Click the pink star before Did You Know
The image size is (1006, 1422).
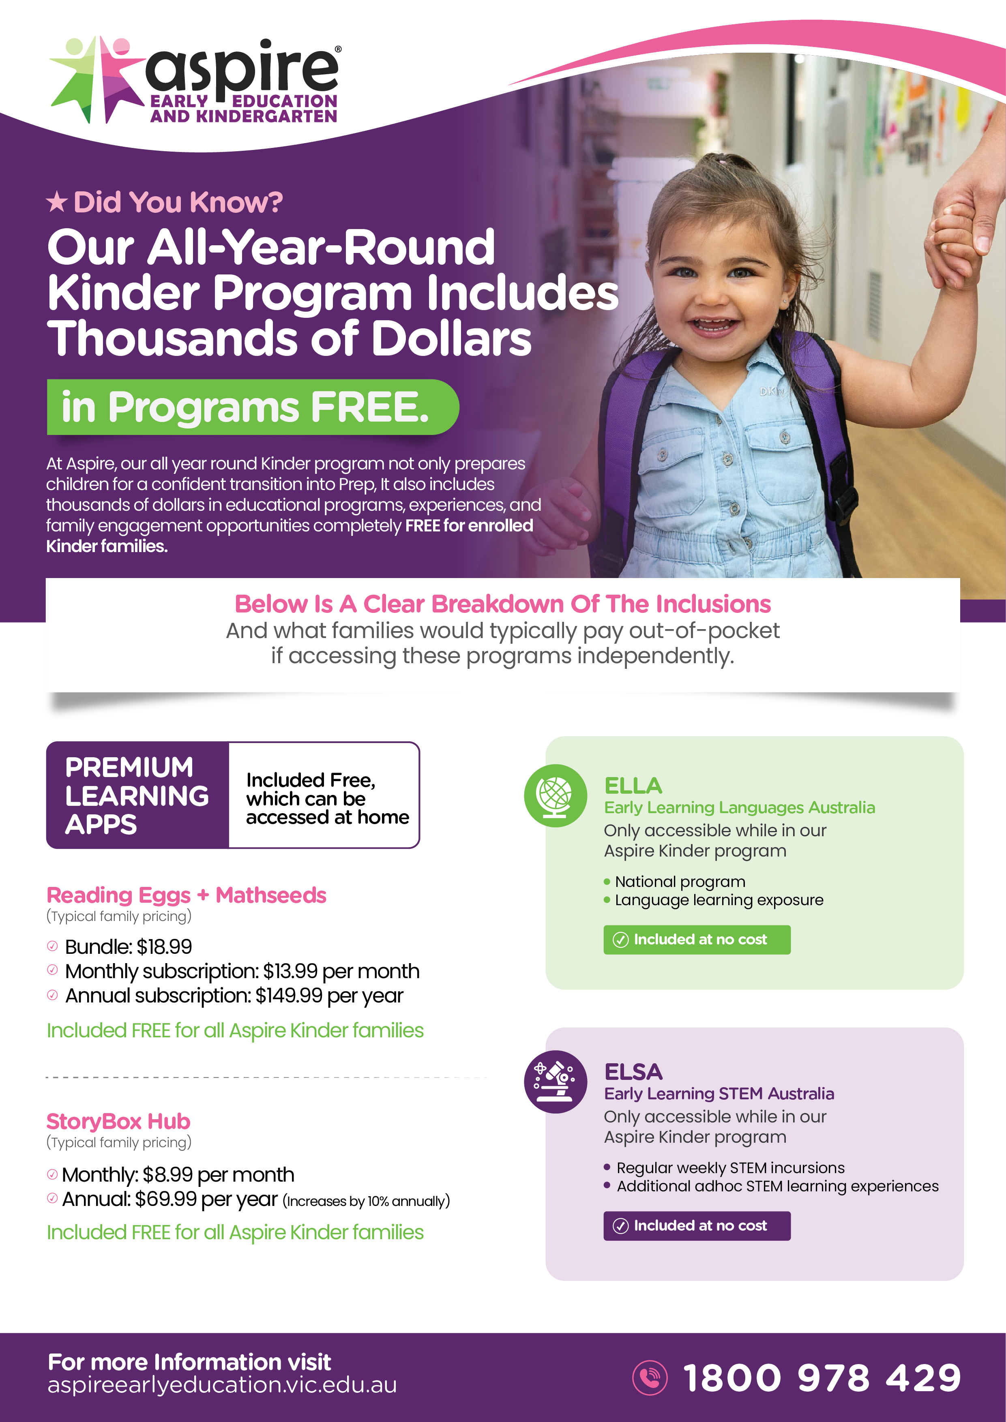tap(57, 202)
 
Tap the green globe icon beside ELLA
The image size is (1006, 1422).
tap(555, 795)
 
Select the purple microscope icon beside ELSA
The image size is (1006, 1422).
tap(555, 1081)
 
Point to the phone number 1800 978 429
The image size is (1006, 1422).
tap(822, 1378)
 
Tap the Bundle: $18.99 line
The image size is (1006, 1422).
tap(128, 947)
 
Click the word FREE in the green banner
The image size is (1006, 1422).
tap(369, 407)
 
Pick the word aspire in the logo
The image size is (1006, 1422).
tap(242, 68)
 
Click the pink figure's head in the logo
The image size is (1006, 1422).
tap(121, 47)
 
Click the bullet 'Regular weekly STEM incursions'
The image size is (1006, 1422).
tap(730, 1167)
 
